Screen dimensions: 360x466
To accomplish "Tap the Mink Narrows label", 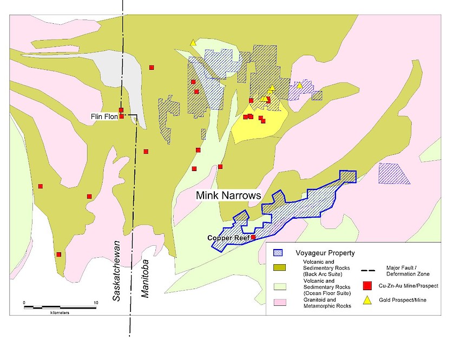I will [x=228, y=195].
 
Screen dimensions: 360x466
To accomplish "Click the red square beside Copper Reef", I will [x=253, y=237].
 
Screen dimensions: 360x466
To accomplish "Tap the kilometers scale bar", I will [x=60, y=307].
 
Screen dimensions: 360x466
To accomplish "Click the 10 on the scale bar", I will [x=96, y=302].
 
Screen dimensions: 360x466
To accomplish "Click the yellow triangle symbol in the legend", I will [x=367, y=300].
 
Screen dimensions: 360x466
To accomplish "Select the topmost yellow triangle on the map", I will [x=193, y=42].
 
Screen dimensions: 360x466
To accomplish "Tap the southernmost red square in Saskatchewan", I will [x=58, y=254].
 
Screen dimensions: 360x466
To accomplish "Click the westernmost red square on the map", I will [x=40, y=186].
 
